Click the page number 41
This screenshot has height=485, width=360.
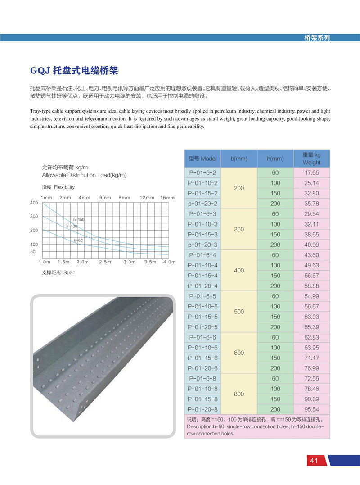314,461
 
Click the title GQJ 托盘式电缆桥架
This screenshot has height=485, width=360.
74,70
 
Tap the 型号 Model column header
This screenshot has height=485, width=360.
202,159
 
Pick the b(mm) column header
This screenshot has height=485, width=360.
239,159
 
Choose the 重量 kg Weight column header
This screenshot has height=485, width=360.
311,159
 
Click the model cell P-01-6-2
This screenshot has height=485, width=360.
202,173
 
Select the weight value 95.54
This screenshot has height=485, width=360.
311,410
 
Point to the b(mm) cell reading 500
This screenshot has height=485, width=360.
239,312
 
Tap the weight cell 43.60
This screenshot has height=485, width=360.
311,255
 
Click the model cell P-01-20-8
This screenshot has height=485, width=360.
202,410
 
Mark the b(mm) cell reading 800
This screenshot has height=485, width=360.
239,394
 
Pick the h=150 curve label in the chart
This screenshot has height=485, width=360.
79,219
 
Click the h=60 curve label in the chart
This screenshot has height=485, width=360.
78,240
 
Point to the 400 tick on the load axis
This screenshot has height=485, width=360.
34,203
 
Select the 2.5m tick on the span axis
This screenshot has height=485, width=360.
105,262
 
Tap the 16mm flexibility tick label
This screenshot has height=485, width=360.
167,198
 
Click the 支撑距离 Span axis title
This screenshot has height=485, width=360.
58,272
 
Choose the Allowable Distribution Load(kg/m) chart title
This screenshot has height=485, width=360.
84,175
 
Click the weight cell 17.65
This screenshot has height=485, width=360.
311,173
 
